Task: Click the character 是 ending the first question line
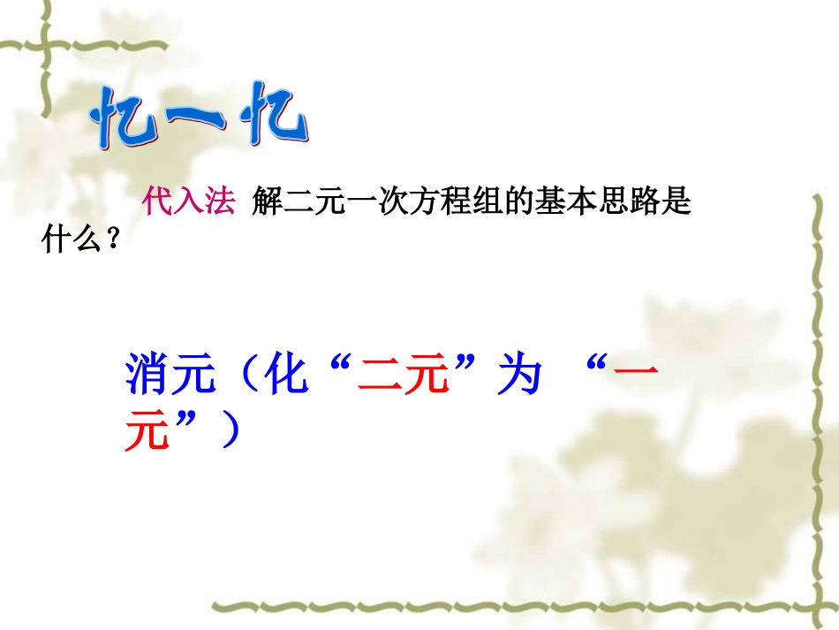pos(676,204)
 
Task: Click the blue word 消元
pos(170,376)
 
